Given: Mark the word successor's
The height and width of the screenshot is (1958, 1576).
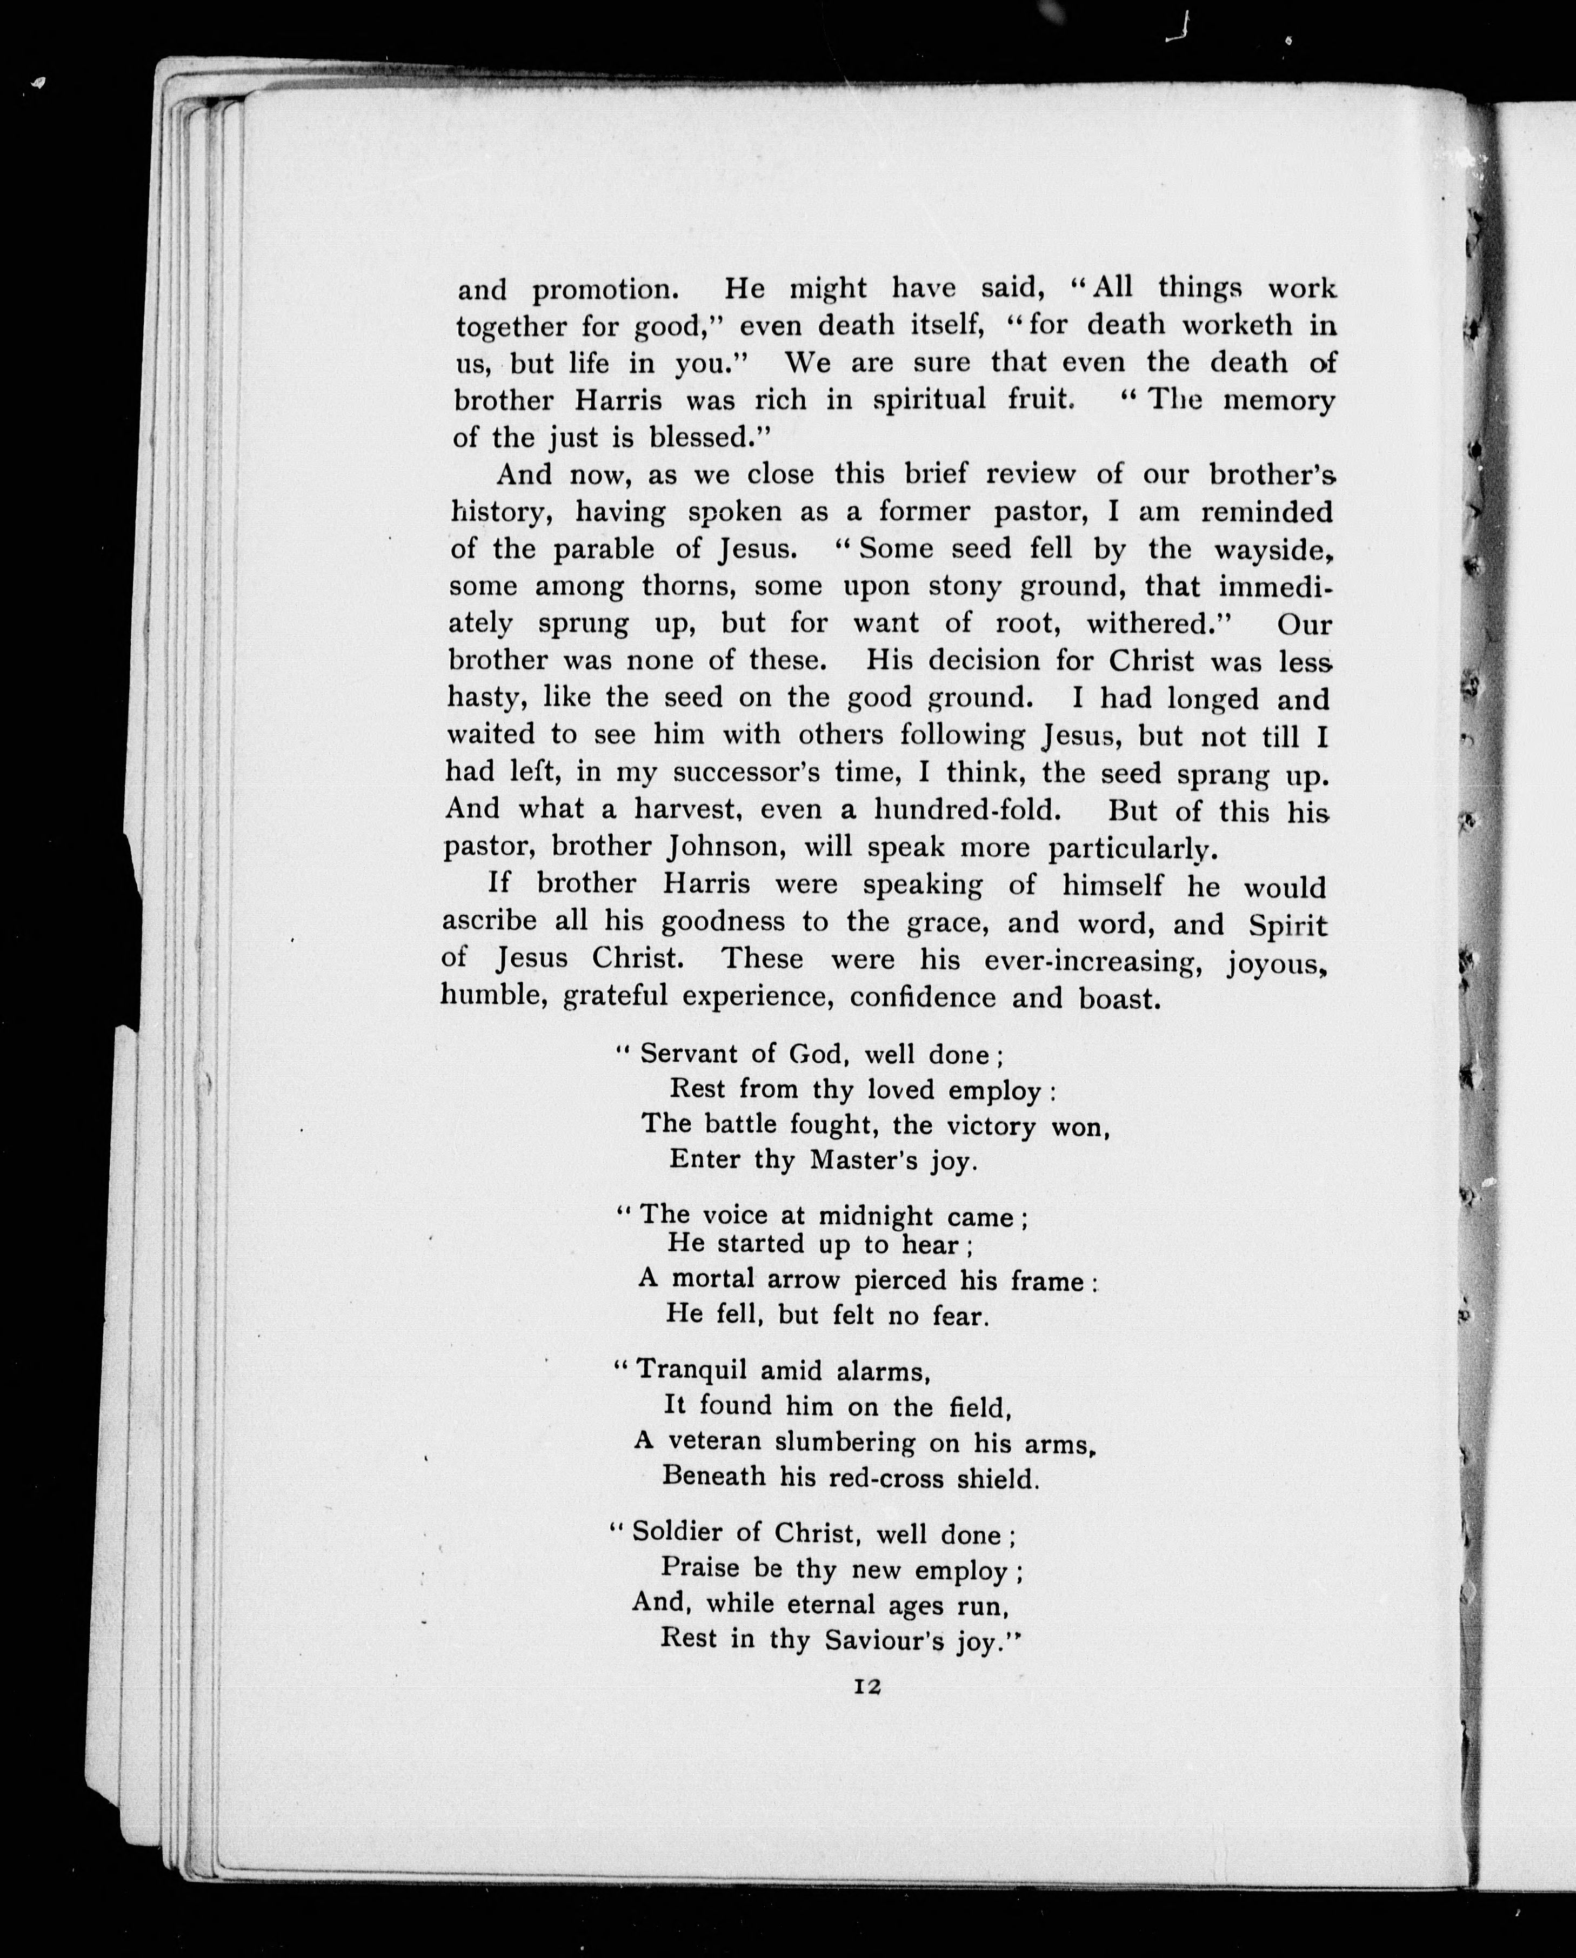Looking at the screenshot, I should pyautogui.click(x=747, y=773).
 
